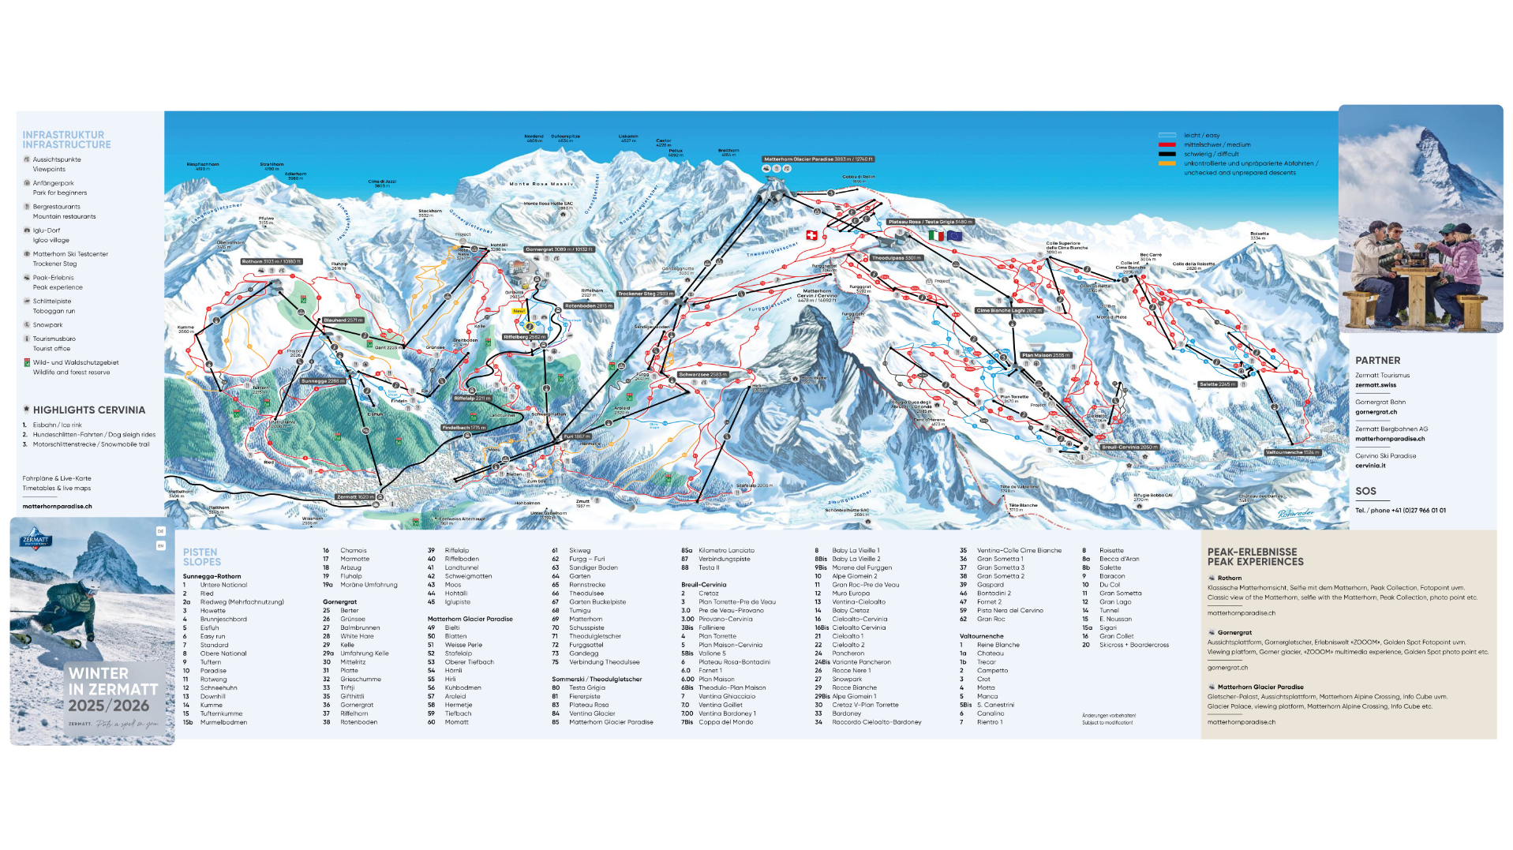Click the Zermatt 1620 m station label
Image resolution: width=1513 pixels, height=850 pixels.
tap(355, 497)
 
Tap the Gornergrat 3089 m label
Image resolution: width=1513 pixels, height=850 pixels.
tap(559, 249)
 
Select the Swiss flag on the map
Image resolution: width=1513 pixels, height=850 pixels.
tap(811, 235)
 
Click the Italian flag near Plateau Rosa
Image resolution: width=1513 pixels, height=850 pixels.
tap(936, 235)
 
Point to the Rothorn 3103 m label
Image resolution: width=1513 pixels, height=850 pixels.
tap(271, 261)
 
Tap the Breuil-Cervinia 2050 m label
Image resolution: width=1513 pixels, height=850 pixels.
tap(1129, 447)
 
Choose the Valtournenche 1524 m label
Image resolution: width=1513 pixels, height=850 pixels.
tap(1292, 452)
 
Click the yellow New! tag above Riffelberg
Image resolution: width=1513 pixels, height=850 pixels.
tap(519, 311)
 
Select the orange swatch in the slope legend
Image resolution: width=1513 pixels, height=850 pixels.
tap(1167, 163)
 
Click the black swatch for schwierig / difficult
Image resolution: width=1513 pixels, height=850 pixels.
tap(1167, 154)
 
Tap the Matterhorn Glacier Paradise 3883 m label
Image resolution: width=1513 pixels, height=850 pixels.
tap(818, 159)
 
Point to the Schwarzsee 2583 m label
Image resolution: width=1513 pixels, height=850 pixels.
tap(702, 374)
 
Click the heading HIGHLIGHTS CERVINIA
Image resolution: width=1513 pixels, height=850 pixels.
tap(88, 410)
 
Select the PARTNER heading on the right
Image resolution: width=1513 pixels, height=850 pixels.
tap(1377, 360)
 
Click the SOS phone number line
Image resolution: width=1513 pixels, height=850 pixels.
tap(1400, 510)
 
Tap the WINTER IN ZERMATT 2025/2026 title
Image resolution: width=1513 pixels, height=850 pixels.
tap(112, 689)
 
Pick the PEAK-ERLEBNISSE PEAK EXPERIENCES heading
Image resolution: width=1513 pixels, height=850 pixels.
tap(1255, 557)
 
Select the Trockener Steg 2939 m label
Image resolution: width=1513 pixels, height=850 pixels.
tap(646, 294)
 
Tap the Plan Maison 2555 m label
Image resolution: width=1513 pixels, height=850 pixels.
tap(1047, 355)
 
